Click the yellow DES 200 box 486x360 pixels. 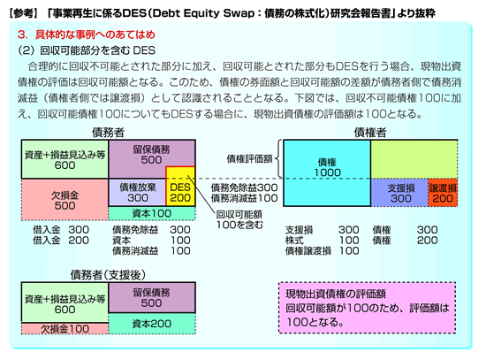180,187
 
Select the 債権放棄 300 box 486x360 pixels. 137,193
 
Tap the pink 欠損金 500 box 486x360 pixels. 65,200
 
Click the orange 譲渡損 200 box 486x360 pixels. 443,193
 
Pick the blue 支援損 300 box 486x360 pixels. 399,193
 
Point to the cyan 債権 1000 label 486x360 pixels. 327,167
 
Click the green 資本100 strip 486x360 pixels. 152,213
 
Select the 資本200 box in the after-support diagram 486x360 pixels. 152,324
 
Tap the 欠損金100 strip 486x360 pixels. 65,329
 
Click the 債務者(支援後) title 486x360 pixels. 108,275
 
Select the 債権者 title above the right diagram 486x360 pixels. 370,133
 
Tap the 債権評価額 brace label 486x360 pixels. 249,159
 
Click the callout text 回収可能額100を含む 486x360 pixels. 239,219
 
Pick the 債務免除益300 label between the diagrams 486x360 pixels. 244,188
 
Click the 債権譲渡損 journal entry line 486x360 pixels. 323,250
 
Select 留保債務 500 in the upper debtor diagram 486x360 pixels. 152,155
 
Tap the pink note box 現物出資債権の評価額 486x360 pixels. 367,308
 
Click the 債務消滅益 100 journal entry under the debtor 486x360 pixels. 151,250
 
